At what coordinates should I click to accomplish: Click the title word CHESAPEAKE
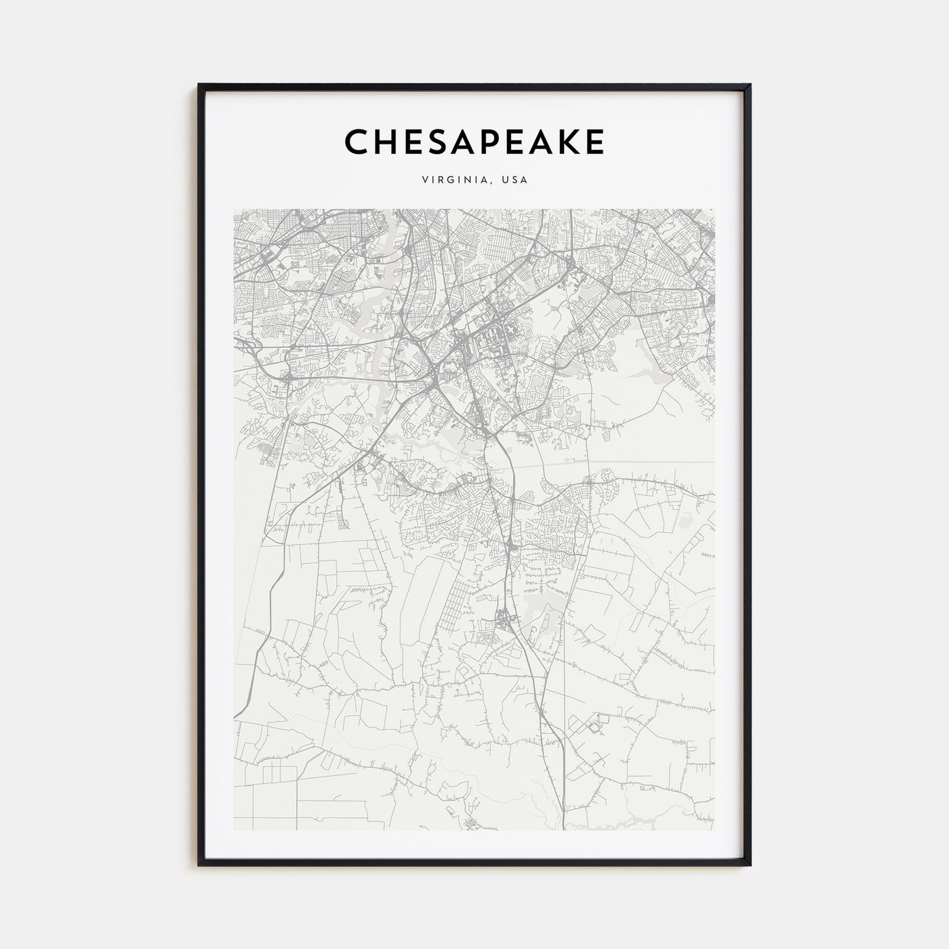tap(474, 142)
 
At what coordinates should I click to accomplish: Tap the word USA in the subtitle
tap(514, 180)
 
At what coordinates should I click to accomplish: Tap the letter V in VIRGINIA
tap(424, 180)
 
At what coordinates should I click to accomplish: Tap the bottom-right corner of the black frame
tap(750, 865)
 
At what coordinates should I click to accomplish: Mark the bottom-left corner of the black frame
tap(199, 865)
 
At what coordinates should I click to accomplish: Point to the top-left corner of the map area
tap(233, 209)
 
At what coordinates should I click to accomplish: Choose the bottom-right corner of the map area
tap(715, 830)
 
